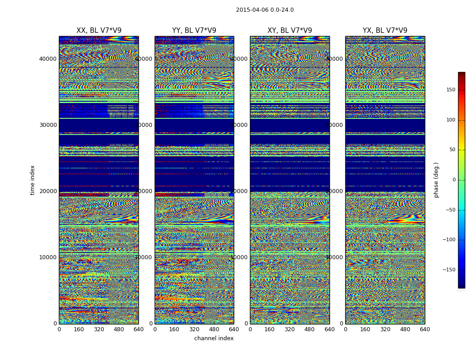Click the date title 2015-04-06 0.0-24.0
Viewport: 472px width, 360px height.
click(265, 10)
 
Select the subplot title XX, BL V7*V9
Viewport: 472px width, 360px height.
click(99, 31)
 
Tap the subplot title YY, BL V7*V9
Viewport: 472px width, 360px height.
click(194, 31)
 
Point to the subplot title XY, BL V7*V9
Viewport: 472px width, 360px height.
click(289, 31)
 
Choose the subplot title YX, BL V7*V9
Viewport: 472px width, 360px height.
click(385, 31)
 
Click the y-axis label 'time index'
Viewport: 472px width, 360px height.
click(32, 180)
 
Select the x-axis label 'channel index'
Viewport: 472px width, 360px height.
click(214, 338)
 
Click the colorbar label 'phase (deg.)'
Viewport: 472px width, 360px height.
click(436, 180)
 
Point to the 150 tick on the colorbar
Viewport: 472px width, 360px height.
click(450, 90)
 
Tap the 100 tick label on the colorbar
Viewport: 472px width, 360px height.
click(450, 120)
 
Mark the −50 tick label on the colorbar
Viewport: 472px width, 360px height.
click(449, 210)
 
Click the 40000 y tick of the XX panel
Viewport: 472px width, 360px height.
click(48, 59)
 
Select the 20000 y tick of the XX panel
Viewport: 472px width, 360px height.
click(48, 191)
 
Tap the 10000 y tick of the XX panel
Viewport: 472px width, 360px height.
click(48, 257)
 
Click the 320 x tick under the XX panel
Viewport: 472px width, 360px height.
click(99, 329)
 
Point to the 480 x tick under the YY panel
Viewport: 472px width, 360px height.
click(214, 329)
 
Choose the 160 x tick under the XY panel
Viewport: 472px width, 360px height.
click(270, 329)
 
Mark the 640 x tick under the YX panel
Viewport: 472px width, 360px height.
click(425, 329)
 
